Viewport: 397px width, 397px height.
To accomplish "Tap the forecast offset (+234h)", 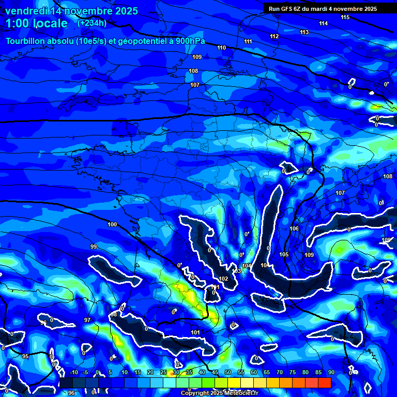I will [92, 23].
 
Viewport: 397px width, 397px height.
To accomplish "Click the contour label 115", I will [345, 18].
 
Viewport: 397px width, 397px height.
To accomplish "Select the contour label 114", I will [324, 24].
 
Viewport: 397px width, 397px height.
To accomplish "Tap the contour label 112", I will [274, 37].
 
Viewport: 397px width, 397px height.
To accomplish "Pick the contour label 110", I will [222, 48].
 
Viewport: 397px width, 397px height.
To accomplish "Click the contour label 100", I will [112, 225].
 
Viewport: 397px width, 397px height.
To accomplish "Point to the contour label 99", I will [94, 247].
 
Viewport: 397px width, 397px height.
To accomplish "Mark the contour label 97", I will [87, 320].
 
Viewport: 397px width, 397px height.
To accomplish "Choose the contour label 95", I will [25, 357].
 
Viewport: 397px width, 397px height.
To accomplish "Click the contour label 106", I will [294, 229].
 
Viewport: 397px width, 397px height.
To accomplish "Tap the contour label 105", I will [284, 255].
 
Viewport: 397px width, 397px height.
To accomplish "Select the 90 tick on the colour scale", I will [331, 373].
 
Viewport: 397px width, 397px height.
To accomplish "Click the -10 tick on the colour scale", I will [73, 373].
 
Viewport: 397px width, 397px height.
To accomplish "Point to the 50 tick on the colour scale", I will [228, 373].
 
